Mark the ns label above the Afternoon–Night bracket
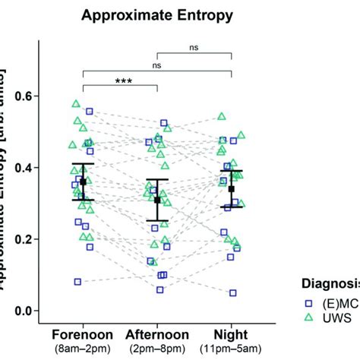click(194, 47)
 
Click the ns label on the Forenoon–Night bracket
click(157, 66)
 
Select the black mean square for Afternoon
click(157, 200)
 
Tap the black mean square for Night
click(232, 189)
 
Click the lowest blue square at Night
click(232, 292)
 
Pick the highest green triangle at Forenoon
click(76, 103)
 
